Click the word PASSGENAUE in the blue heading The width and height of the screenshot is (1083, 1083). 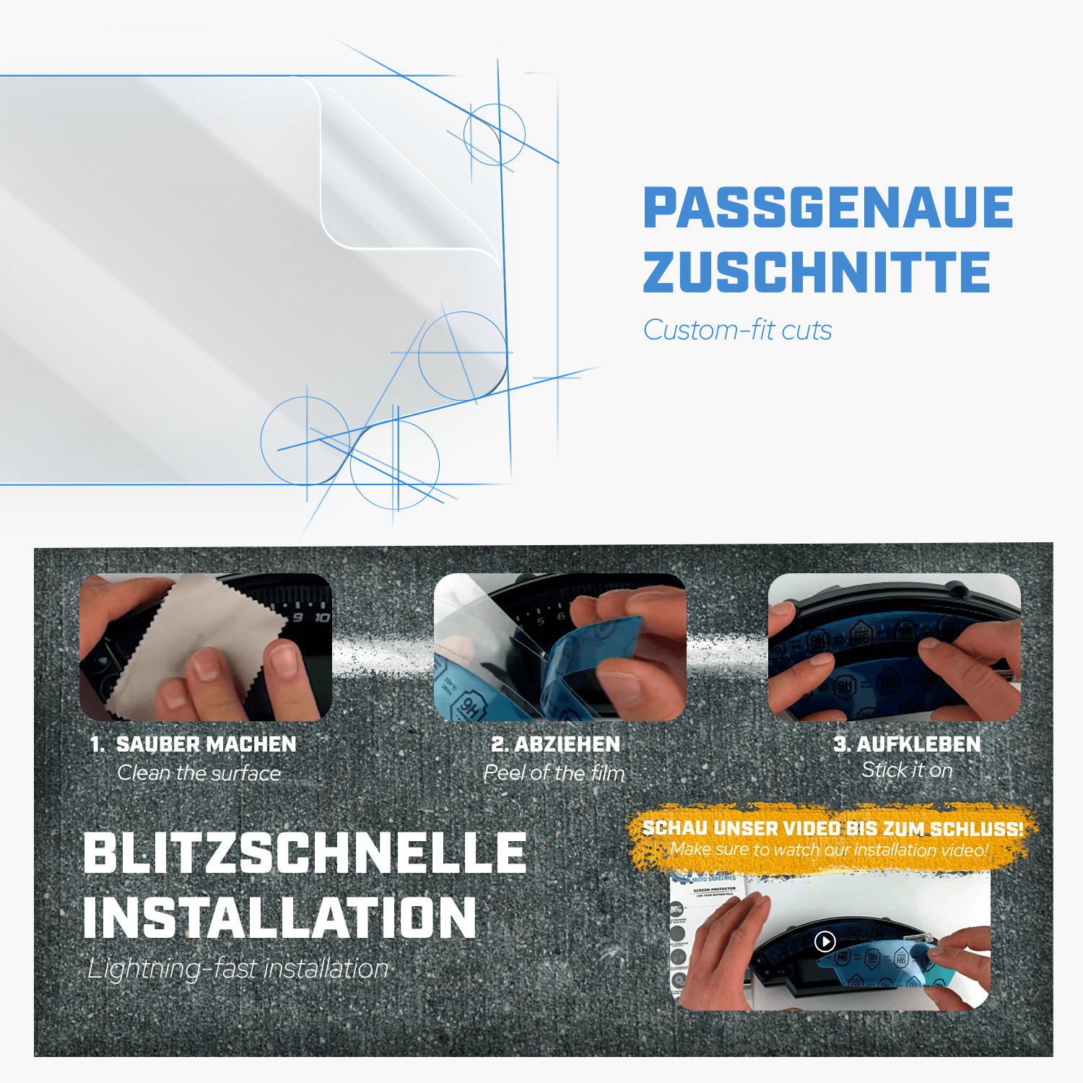(827, 207)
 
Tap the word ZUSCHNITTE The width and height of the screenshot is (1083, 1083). (816, 272)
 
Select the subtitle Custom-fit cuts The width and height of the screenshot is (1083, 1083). (737, 330)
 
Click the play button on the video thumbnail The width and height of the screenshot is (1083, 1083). (825, 941)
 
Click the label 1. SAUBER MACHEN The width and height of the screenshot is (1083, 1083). (193, 744)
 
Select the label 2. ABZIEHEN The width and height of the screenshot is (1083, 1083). (555, 744)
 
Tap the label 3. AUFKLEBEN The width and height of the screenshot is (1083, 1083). (907, 744)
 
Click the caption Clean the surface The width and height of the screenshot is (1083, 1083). (199, 773)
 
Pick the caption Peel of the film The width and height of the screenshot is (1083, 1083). (554, 773)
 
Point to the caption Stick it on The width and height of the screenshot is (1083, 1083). (907, 770)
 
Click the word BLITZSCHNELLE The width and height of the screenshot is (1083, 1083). (305, 853)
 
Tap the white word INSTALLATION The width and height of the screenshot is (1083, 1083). (280, 918)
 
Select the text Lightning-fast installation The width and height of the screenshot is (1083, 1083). (238, 969)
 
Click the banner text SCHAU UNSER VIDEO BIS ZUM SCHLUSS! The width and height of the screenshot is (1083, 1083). (832, 828)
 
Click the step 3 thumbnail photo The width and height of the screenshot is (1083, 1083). (894, 647)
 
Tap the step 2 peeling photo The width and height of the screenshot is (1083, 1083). (560, 647)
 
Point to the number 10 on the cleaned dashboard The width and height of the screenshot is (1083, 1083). (322, 617)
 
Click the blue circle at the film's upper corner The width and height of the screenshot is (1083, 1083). (495, 134)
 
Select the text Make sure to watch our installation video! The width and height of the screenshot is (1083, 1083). (829, 850)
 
